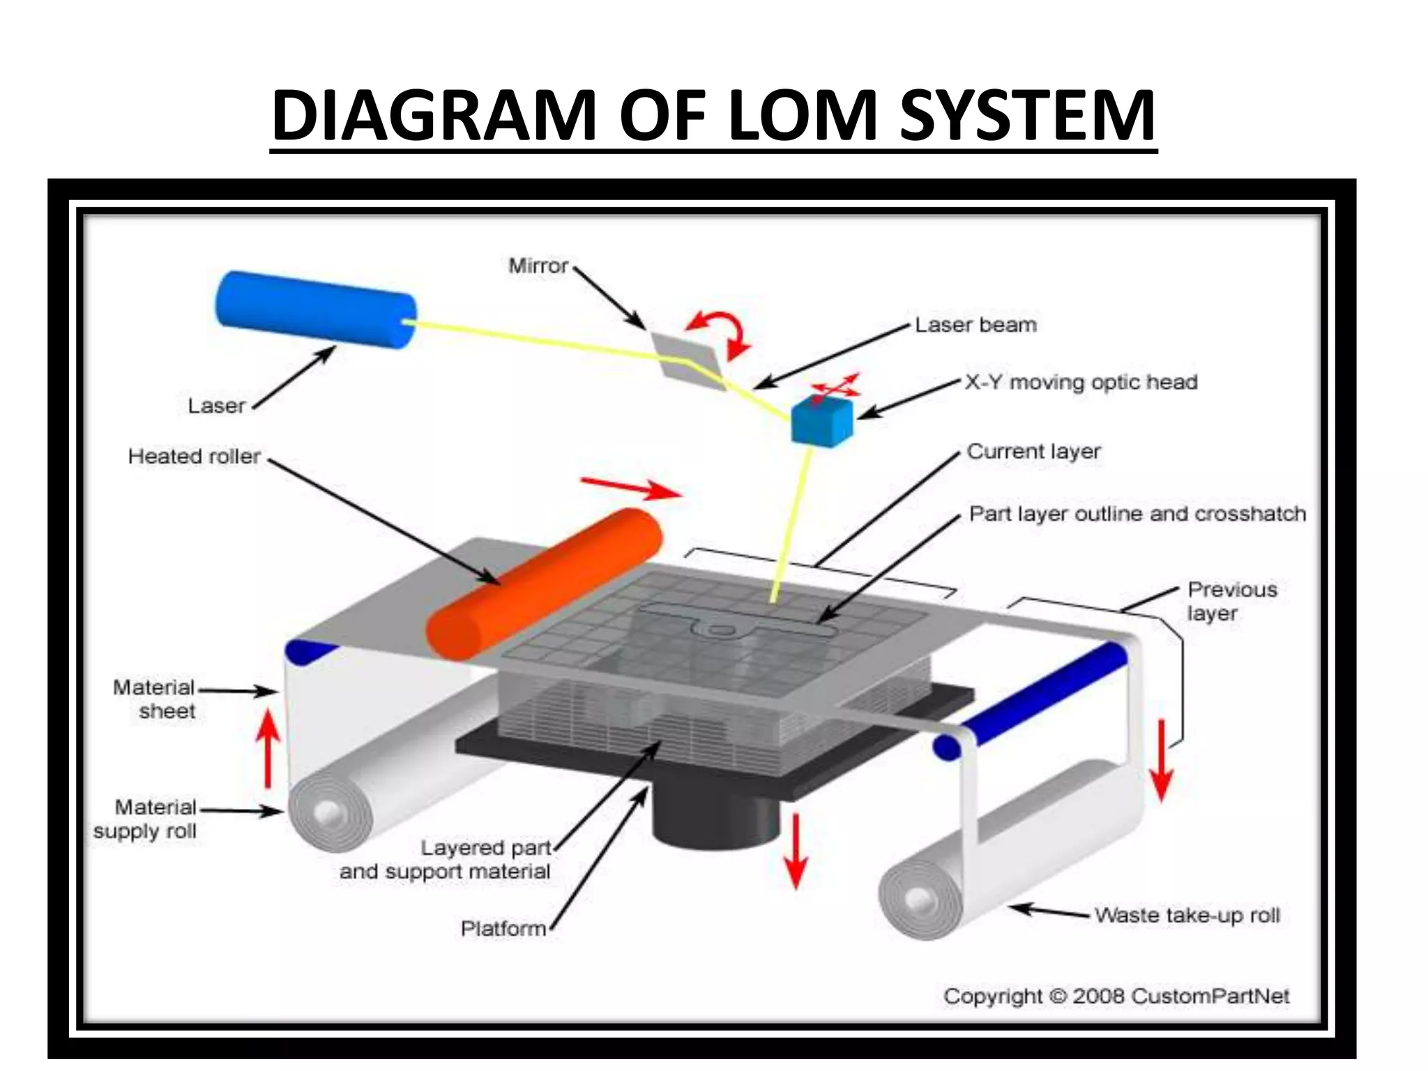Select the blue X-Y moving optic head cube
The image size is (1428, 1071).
[821, 420]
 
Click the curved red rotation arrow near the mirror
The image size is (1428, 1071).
[721, 332]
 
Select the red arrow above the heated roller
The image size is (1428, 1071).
[631, 487]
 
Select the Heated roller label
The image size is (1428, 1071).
[194, 457]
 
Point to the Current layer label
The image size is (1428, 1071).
[1033, 452]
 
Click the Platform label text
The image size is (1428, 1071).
[503, 929]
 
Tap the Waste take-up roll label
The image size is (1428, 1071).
[1186, 915]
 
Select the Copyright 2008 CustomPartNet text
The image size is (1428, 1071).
[1116, 996]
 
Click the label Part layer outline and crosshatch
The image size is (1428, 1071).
[1137, 515]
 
